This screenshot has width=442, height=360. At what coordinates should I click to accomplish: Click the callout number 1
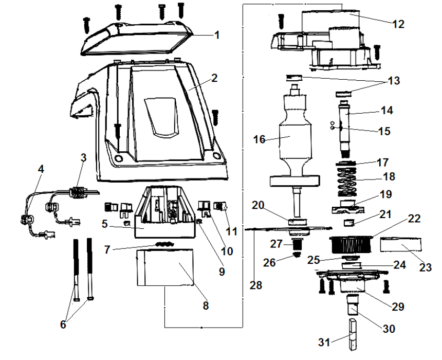216,35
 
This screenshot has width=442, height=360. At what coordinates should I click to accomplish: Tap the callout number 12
398,24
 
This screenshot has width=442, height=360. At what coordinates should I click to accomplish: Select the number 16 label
260,139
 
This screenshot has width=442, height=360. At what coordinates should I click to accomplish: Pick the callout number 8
206,305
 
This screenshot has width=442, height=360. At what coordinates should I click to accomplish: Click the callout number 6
63,325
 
